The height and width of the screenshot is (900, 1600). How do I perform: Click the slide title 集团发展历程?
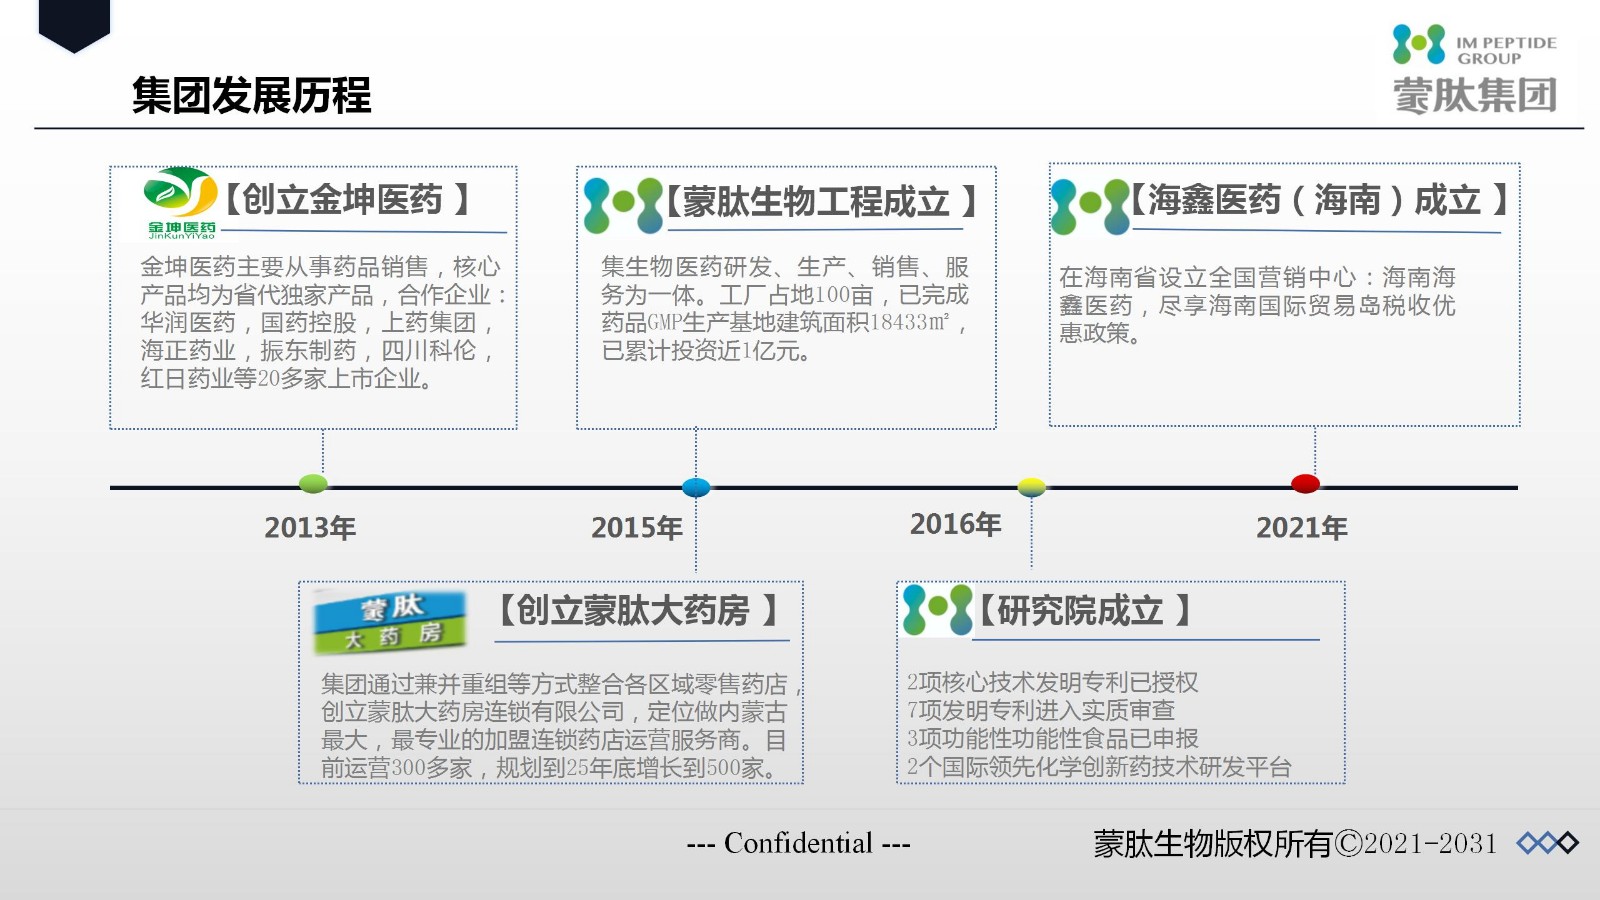[251, 96]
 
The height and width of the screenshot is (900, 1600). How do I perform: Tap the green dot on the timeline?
[313, 484]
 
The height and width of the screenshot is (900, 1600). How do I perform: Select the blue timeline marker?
[696, 488]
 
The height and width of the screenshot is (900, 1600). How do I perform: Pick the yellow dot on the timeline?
[1031, 487]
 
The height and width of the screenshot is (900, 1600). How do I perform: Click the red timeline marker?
[1305, 484]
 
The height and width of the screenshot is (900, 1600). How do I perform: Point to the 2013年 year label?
[310, 528]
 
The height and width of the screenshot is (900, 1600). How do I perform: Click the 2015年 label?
[636, 528]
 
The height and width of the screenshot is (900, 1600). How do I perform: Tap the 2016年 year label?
[955, 524]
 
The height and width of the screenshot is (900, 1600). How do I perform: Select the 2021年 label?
[1301, 528]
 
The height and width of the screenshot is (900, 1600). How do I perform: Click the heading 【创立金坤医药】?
[347, 199]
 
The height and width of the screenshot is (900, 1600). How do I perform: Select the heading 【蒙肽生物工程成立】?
[821, 201]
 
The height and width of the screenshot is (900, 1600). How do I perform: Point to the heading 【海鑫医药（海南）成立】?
[1319, 199]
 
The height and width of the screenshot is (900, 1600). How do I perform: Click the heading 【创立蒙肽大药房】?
[637, 611]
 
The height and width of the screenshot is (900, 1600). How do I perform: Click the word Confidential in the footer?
[798, 844]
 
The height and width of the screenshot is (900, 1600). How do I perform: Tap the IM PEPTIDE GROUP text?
[1506, 51]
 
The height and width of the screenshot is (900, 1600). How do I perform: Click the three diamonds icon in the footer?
[1547, 843]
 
